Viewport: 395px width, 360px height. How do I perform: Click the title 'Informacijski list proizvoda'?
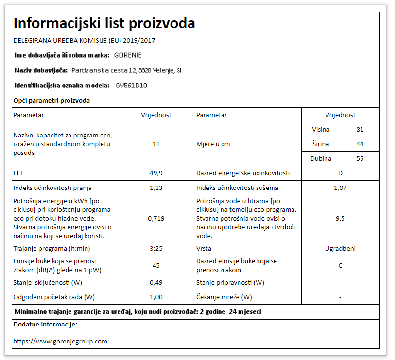tap(104, 23)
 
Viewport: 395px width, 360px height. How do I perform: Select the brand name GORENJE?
tap(128, 55)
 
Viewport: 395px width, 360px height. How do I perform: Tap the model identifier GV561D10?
tap(131, 86)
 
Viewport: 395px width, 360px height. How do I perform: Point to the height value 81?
tap(360, 130)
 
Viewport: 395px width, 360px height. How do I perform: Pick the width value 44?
tap(360, 144)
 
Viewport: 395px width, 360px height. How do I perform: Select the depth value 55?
tap(360, 159)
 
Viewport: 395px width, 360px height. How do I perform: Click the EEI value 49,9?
tap(156, 173)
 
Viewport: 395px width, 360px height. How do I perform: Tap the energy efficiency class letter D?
tap(340, 173)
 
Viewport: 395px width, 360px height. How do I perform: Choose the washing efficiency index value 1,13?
tap(156, 188)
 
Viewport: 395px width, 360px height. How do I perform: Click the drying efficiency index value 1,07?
tap(340, 188)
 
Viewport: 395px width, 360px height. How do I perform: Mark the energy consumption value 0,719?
tap(156, 219)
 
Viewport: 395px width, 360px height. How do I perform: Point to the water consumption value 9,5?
tap(340, 219)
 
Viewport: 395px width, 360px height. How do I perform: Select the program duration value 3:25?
tap(156, 249)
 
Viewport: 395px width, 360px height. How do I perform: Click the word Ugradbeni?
tap(340, 249)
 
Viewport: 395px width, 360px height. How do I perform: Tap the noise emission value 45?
tap(156, 266)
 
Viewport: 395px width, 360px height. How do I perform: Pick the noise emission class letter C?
tap(340, 266)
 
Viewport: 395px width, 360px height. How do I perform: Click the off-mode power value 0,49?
tap(156, 283)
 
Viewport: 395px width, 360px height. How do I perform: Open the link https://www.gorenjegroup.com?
tap(60, 342)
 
